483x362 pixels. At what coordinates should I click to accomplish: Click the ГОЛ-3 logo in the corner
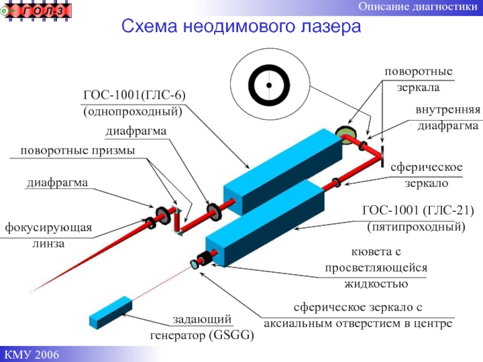point(37,10)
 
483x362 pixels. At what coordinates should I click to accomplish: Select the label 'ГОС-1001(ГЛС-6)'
point(134,95)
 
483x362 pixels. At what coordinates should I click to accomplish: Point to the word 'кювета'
point(377,251)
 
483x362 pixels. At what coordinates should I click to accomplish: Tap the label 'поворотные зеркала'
point(419,79)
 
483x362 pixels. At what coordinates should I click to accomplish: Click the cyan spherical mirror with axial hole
point(194,264)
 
